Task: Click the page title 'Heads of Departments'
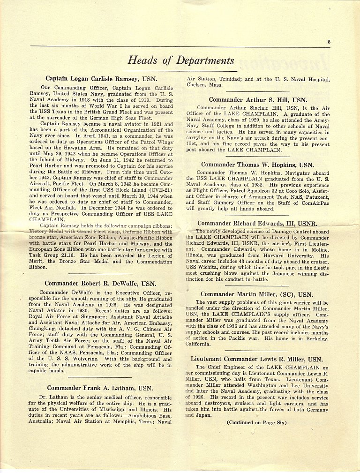point(181,61)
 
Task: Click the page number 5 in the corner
point(329,41)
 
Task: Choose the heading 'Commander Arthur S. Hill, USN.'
point(258,100)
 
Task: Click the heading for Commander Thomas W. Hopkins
point(258,165)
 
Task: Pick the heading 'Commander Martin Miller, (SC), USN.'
point(256,294)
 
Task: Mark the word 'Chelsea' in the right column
point(197,86)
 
